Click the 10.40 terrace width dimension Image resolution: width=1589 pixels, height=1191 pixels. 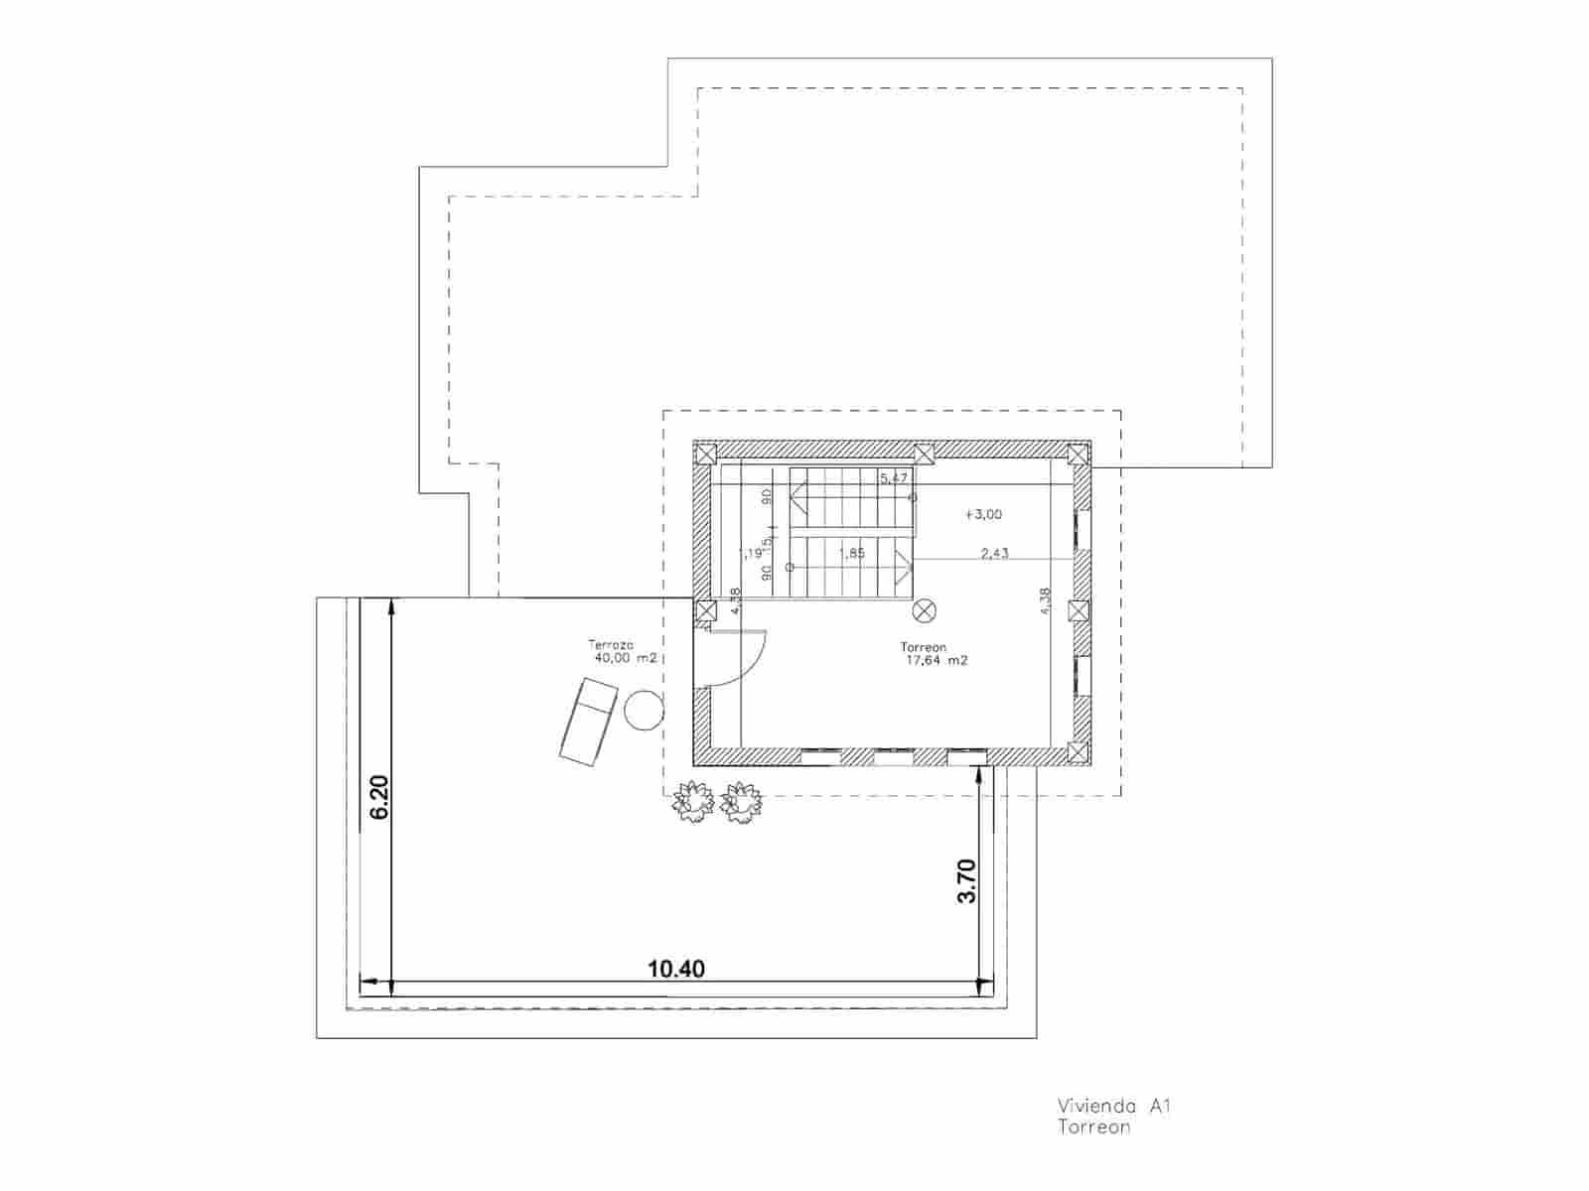coord(676,968)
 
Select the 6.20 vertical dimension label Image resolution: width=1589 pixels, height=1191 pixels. coord(378,796)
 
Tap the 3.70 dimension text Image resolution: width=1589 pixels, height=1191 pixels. coord(966,880)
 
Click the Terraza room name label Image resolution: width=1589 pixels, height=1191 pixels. coord(611,644)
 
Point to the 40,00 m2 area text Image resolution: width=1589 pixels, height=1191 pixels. coord(626,658)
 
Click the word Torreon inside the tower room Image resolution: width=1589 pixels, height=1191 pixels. coord(924,647)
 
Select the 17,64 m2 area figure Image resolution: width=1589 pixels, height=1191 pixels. coord(936,660)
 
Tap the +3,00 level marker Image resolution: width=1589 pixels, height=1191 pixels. coord(983,514)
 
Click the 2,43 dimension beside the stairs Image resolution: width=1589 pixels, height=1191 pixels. coord(994,553)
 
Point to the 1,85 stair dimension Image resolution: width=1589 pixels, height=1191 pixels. coord(852,553)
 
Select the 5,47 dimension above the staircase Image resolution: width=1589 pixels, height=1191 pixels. coord(894,478)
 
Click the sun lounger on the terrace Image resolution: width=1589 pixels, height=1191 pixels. coord(588,721)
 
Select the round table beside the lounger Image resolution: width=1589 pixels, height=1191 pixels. coord(644,711)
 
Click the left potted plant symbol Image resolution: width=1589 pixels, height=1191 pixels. coord(693,802)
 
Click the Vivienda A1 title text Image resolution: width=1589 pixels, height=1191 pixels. coord(1114,1106)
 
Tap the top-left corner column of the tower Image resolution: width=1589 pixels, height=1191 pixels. coord(705,455)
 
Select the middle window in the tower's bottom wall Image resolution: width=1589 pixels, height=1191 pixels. coord(893,757)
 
